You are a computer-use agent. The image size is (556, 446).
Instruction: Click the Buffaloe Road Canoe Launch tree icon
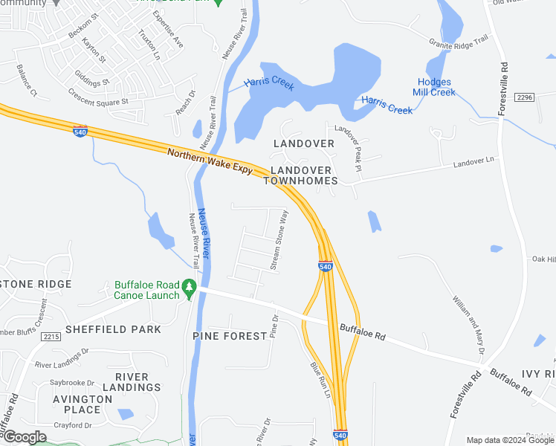[190, 286]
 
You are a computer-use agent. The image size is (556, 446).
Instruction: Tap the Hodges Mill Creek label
[435, 88]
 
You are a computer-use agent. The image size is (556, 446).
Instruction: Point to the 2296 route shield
[524, 97]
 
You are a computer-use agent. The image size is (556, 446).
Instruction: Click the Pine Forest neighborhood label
[230, 336]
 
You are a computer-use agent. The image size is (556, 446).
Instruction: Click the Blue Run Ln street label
[320, 379]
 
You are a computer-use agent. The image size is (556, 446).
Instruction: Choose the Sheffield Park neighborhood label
[113, 329]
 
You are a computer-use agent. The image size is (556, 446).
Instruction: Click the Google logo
[24, 437]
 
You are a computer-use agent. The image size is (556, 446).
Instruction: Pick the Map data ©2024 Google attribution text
[509, 440]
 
